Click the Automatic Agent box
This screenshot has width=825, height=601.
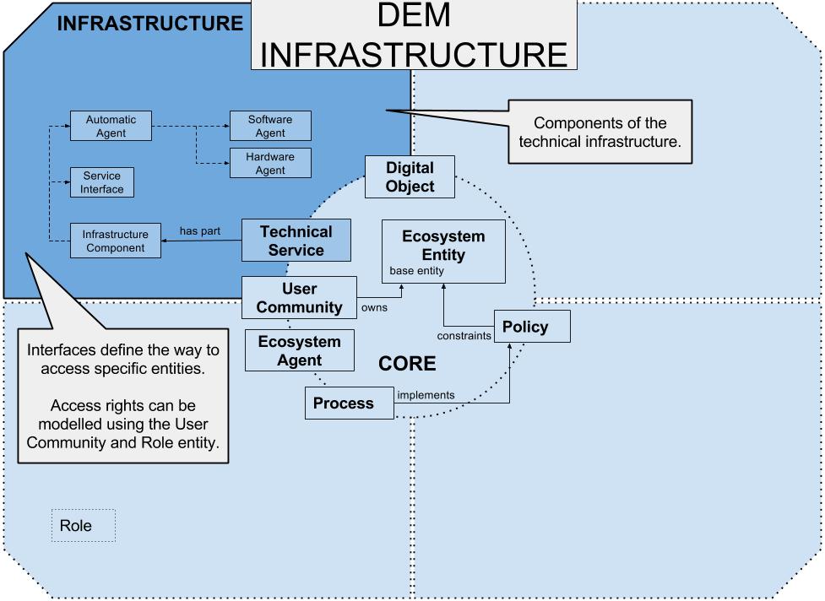click(111, 127)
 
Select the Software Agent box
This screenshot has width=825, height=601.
click(270, 126)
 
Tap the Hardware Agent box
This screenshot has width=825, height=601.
click(270, 163)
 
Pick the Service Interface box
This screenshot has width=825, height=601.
click(102, 182)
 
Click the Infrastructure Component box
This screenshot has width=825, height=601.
click(115, 241)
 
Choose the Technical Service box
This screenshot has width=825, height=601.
click(296, 241)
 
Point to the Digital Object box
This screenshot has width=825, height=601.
click(410, 177)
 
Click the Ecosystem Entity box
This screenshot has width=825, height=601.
click(443, 251)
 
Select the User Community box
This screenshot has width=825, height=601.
click(299, 299)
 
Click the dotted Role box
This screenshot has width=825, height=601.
click(83, 525)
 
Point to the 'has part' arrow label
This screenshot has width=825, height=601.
click(200, 230)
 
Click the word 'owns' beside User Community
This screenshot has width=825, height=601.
click(374, 307)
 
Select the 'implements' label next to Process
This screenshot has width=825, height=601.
click(426, 394)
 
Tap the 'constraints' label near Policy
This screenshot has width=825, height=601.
click(464, 336)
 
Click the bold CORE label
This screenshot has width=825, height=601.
click(407, 364)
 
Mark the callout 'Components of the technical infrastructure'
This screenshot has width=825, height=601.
click(600, 133)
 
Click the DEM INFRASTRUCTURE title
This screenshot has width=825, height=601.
click(414, 35)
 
